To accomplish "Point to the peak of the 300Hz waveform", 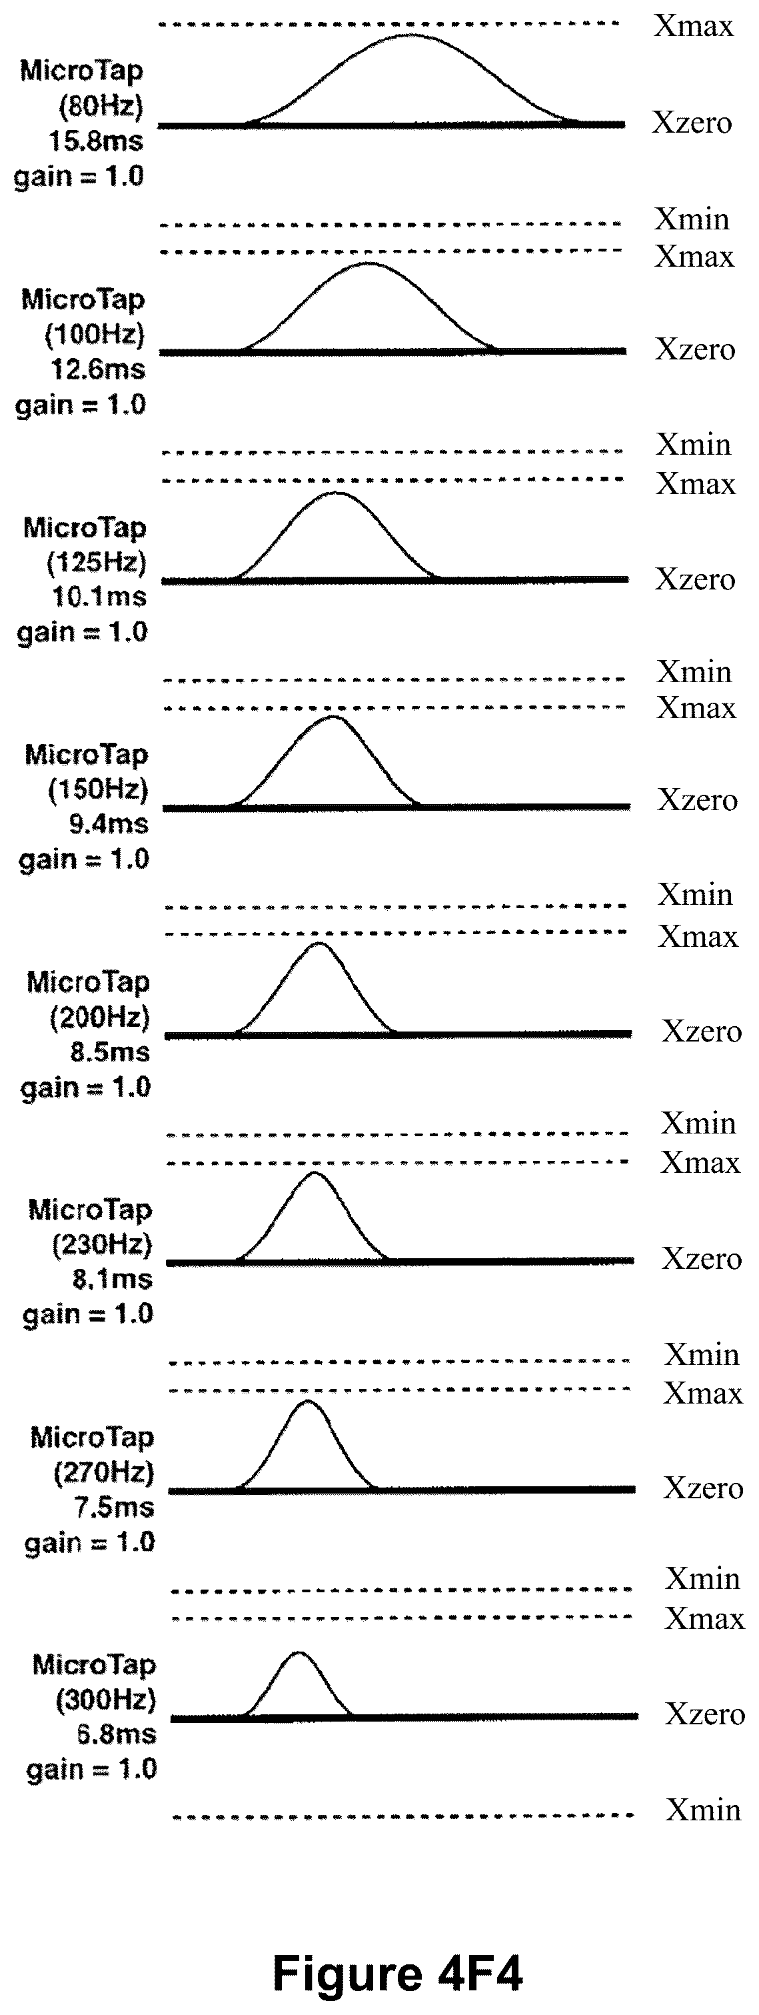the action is tap(298, 1652).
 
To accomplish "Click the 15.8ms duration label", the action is tap(96, 141).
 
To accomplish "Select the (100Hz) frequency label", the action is tap(95, 334).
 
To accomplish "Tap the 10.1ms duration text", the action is tap(99, 597).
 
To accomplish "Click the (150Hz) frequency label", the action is tap(98, 789).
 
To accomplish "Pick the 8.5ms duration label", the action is tap(109, 1052).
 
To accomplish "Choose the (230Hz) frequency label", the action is tap(101, 1244).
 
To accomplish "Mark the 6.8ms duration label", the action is tap(117, 1734).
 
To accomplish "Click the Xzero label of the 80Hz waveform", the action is tap(692, 123).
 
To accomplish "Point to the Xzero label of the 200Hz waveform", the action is tap(702, 1031).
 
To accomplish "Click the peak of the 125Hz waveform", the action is tap(335, 493).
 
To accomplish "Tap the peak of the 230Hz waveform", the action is tap(315, 1174).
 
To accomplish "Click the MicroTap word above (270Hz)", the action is tap(92, 1437).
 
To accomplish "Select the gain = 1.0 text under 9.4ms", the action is tap(84, 859).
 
